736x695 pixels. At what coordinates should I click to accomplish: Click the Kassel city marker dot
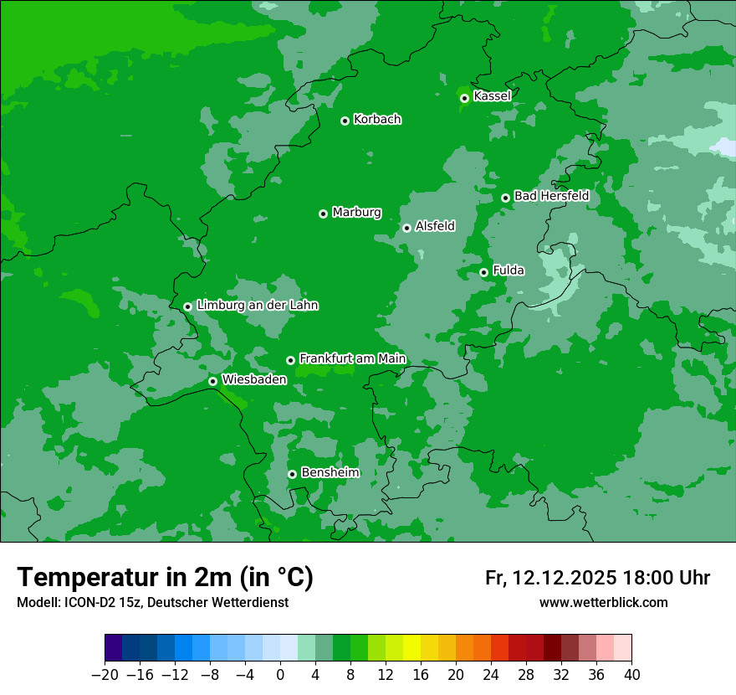464,98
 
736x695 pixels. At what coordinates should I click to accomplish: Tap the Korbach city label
377,119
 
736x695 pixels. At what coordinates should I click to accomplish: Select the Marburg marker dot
323,214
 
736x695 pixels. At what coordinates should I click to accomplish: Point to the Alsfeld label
435,226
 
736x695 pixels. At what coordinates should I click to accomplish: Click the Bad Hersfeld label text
551,196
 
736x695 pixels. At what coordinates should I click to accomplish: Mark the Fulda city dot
483,272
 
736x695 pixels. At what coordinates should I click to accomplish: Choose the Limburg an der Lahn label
257,306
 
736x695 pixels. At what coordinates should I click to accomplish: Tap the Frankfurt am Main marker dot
290,360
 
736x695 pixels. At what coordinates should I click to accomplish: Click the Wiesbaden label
254,379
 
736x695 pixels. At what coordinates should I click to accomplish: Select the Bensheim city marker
292,474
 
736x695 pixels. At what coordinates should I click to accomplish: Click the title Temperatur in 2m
165,578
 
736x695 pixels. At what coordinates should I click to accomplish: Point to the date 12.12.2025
565,578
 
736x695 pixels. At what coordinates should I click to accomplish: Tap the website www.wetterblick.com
603,602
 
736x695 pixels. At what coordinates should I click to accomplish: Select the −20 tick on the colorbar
105,674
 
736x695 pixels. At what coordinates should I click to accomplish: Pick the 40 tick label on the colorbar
631,674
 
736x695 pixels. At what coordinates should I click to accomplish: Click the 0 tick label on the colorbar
280,674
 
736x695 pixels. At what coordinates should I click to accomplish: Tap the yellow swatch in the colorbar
411,648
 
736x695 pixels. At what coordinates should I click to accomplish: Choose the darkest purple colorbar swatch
114,648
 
